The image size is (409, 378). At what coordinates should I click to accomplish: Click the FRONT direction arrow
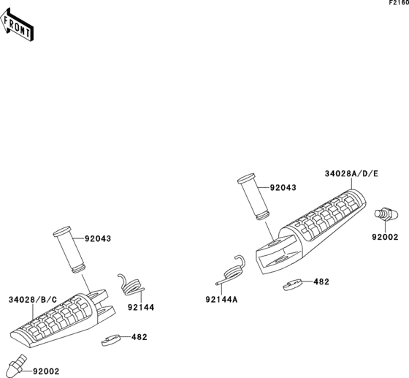17,25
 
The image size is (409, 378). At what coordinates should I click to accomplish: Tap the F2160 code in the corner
399,3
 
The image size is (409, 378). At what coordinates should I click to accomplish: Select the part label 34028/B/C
33,300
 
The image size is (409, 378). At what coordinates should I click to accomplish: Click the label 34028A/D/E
351,174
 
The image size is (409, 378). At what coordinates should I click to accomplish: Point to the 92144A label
221,300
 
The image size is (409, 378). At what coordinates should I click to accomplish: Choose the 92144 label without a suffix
141,308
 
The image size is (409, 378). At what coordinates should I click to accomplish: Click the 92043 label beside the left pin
98,238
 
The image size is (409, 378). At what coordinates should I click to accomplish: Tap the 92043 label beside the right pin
283,188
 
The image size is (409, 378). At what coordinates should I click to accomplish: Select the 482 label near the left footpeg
139,337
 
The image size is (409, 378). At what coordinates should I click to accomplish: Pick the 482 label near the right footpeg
321,282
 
